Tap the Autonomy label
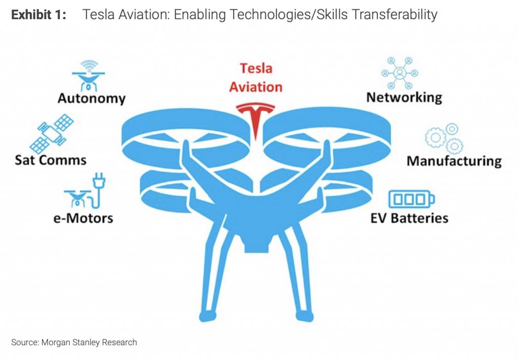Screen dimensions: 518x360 coord(92,99)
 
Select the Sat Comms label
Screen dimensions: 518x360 coord(51,160)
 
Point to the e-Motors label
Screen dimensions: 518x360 coord(83,218)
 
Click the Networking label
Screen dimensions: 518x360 coord(404,98)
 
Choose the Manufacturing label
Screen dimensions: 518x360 coord(454,161)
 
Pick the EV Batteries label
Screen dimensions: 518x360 coord(409,218)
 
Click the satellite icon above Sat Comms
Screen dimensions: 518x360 coord(52,133)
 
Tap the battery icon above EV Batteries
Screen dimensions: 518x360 coord(411,199)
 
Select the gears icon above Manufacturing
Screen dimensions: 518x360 coord(444,139)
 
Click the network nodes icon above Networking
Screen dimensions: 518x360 coord(400,73)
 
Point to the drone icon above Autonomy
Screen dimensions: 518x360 coord(89,76)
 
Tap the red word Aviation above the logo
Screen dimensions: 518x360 coord(255,87)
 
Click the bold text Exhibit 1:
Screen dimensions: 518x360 coord(38,15)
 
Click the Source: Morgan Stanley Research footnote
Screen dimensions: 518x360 coord(74,342)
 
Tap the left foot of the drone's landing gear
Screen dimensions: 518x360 coord(207,317)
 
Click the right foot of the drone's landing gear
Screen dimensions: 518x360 coord(304,317)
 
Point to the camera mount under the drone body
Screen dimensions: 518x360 coord(256,244)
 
